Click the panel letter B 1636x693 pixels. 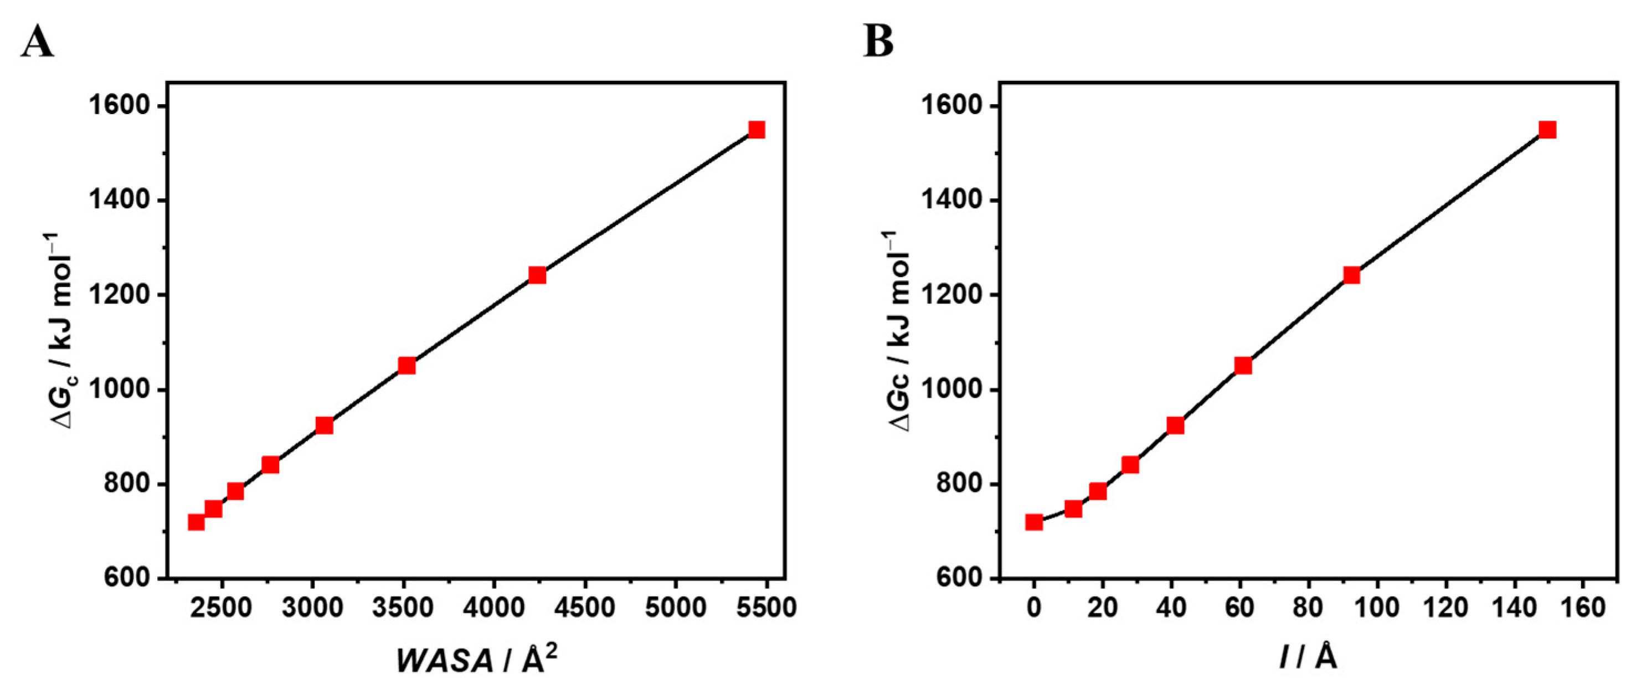(x=878, y=43)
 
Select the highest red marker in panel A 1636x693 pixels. (x=757, y=130)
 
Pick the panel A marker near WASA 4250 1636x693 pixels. (x=537, y=275)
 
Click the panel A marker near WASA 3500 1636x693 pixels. (x=407, y=365)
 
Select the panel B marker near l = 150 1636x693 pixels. (x=1548, y=130)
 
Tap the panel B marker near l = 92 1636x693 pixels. (x=1351, y=275)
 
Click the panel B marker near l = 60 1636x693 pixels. (x=1243, y=365)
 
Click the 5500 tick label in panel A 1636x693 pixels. (x=766, y=608)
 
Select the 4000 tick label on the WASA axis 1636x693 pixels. (x=493, y=608)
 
